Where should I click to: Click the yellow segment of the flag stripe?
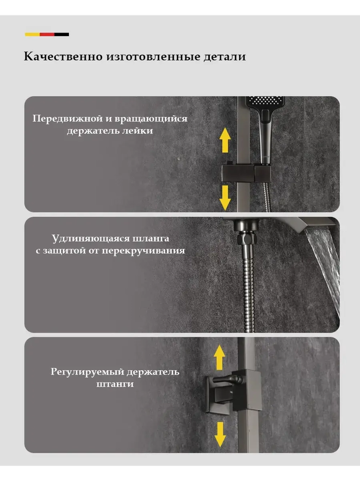(x=32, y=34)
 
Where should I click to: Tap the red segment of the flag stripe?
(x=47, y=34)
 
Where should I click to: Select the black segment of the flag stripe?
(x=62, y=34)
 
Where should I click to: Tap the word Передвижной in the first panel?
(x=68, y=119)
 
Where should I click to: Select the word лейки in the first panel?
(x=140, y=131)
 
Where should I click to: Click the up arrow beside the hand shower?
(x=225, y=140)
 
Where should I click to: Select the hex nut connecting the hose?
(x=247, y=239)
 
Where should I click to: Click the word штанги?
(x=115, y=384)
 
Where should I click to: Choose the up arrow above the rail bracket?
(x=220, y=357)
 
